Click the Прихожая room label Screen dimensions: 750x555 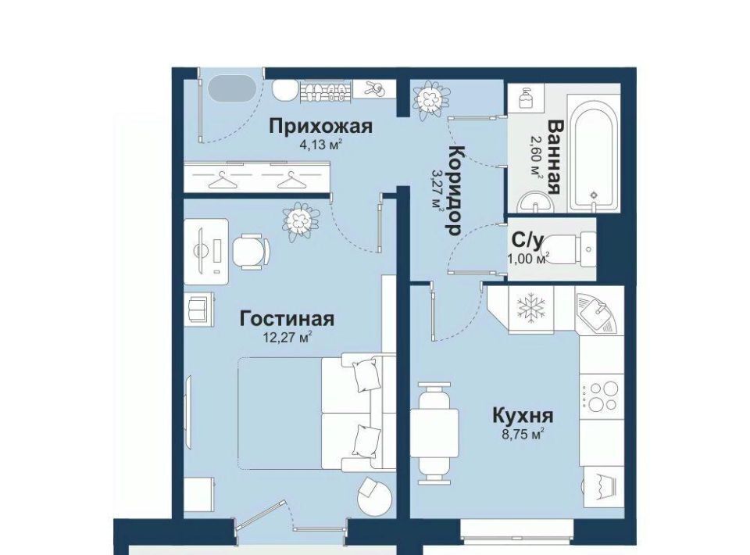320,127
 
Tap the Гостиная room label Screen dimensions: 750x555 287,319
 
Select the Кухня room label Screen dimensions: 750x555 523,415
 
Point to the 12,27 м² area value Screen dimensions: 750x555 287,338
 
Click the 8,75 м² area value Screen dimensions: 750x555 523,435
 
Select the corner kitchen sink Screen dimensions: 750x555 597,313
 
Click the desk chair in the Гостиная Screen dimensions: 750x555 251,250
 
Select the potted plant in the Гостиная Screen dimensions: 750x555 300,221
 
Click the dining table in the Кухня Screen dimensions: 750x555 434,432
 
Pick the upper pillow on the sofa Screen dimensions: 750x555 366,375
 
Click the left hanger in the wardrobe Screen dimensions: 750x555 223,181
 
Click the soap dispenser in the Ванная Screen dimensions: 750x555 527,99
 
